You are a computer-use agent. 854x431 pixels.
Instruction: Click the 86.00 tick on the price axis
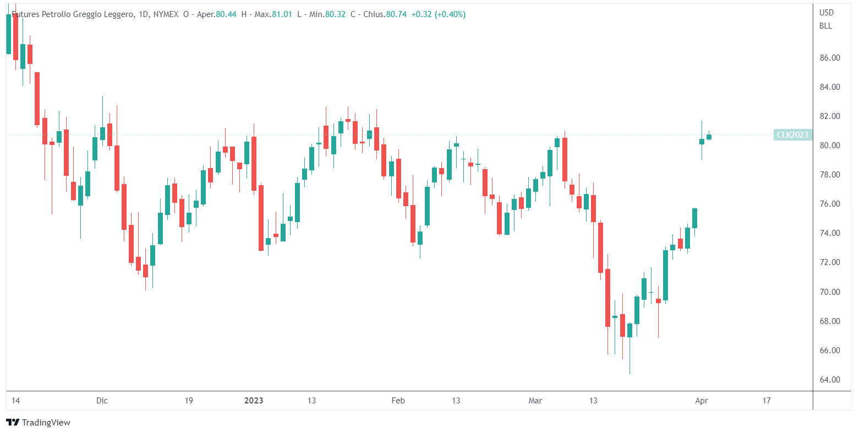pos(829,57)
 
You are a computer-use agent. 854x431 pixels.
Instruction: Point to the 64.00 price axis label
pos(829,379)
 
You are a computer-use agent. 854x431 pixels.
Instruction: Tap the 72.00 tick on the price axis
pos(829,262)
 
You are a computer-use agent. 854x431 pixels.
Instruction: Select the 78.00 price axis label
pos(829,175)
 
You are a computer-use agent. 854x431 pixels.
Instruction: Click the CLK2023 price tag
pos(792,134)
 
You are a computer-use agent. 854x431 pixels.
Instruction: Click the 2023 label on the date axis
pos(254,401)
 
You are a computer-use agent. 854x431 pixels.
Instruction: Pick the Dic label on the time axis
pos(102,401)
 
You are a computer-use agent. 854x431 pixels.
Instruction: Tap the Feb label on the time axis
pos(398,401)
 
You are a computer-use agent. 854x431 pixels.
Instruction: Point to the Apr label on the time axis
pos(701,401)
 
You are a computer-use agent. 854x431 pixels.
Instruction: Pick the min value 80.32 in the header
pos(335,14)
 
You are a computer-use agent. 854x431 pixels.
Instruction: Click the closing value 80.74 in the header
pos(396,14)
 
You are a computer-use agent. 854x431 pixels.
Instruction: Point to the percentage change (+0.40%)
pos(450,14)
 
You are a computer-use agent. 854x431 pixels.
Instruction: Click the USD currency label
pos(826,13)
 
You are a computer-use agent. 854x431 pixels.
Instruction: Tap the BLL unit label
pos(825,26)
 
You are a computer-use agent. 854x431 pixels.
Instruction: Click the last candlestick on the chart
pos(709,136)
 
